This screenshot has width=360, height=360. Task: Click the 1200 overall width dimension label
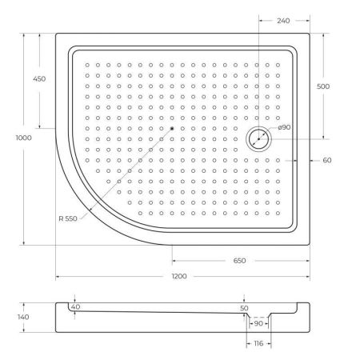coord(179,276)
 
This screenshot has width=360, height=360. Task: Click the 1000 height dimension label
coord(25,138)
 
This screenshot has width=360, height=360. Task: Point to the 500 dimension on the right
coord(324,86)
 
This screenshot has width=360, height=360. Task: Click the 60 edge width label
coord(327,161)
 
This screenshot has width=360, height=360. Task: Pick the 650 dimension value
coord(239,261)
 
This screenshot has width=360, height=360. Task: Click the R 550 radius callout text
coord(69,219)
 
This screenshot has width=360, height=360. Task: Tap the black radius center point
coord(171,128)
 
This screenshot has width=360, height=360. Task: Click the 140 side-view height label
coord(23,318)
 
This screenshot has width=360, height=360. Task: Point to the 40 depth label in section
coord(75,307)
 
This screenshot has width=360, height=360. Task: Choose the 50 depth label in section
coord(244,307)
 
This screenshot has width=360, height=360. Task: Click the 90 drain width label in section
coord(258,323)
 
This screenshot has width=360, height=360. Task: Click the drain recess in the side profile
coord(258,318)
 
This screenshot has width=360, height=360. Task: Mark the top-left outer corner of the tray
coord(55,33)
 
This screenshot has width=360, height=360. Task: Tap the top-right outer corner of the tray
coord(310,33)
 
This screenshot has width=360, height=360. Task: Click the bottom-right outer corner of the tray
coord(310,245)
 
